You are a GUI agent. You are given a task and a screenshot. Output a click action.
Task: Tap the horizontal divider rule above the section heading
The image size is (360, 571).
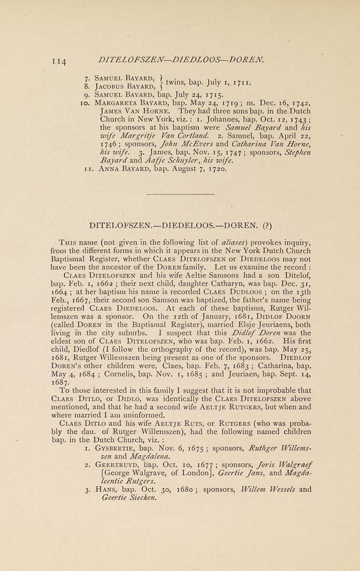click(180, 195)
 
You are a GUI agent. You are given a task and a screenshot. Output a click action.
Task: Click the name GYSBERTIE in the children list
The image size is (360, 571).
click(119, 446)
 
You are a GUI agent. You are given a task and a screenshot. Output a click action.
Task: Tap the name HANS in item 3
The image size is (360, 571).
click(109, 488)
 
